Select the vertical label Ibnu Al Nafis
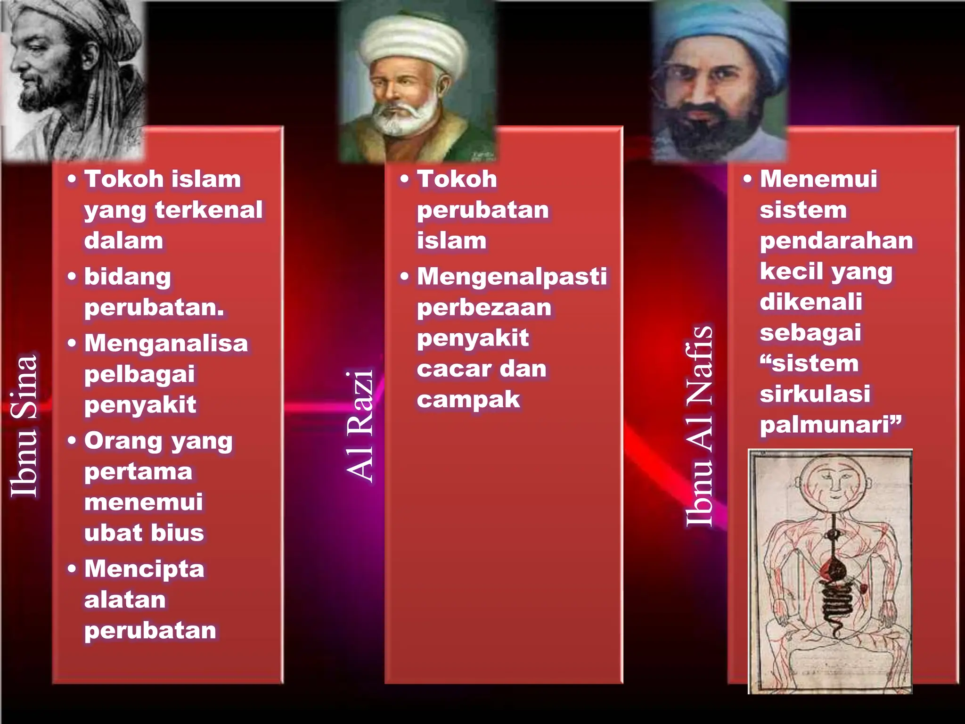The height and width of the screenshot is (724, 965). point(699,426)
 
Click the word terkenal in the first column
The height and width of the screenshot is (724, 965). point(209,210)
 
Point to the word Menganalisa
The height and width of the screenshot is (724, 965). point(166,343)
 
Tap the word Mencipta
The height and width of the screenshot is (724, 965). point(144,569)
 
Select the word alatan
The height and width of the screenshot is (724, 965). point(125,600)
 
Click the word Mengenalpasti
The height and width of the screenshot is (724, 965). point(512,277)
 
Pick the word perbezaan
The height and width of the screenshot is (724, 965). point(484,308)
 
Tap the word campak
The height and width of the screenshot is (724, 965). point(468,400)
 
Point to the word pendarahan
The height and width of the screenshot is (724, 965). point(836,241)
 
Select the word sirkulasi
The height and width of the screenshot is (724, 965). point(815,394)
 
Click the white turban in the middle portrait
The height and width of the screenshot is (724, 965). point(413,42)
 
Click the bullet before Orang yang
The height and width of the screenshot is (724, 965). point(72,441)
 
